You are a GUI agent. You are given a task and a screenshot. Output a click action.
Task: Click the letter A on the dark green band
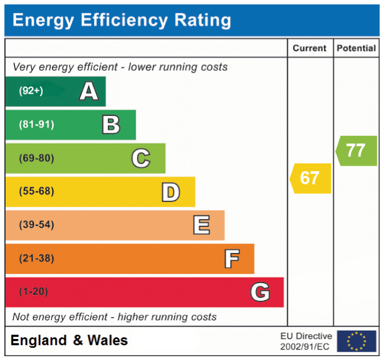coord(89,91)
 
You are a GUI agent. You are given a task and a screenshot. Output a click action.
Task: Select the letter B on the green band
coord(111,125)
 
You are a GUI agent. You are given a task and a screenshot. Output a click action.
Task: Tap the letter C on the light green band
coord(141,158)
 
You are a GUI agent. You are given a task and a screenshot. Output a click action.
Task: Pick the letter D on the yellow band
coord(171,192)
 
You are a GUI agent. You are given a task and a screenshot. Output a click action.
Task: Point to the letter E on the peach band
coord(202,225)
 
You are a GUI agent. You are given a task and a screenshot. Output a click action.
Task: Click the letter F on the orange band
coord(232,259)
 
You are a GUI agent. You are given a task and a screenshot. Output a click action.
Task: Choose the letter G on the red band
coord(260,292)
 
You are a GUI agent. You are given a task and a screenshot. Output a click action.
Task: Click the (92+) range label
coord(31,91)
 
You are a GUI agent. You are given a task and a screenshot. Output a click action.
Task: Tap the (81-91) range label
coord(36,124)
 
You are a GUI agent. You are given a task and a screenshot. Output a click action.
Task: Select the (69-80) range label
coord(36,158)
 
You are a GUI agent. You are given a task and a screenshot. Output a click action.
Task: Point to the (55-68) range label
coord(36,191)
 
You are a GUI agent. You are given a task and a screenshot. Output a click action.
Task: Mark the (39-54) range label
coord(36,225)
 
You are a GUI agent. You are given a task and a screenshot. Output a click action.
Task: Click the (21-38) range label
coord(36,258)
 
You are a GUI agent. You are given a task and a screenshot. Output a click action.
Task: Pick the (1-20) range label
coord(34,292)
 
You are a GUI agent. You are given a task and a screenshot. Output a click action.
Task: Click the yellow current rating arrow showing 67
coord(311,178)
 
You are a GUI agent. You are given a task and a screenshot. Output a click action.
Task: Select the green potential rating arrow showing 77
coord(356,151)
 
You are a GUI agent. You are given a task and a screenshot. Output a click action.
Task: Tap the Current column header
coord(309,49)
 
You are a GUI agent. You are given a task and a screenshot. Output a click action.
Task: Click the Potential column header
coord(356,49)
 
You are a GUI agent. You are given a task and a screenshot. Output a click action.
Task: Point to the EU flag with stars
coord(356,341)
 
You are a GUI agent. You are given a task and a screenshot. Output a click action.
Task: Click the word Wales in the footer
coord(107,340)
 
